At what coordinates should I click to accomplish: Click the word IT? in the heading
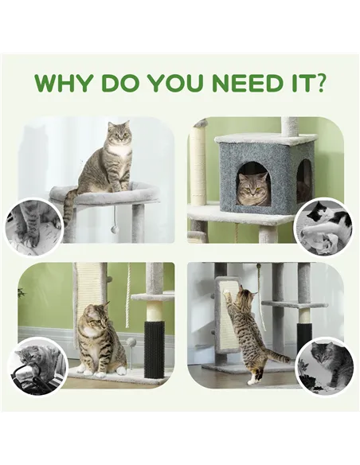click(x=309, y=84)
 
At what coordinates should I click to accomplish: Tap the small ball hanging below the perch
click(x=115, y=229)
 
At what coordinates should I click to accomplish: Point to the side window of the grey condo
click(x=303, y=180)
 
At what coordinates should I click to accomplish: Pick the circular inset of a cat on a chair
click(x=37, y=365)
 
